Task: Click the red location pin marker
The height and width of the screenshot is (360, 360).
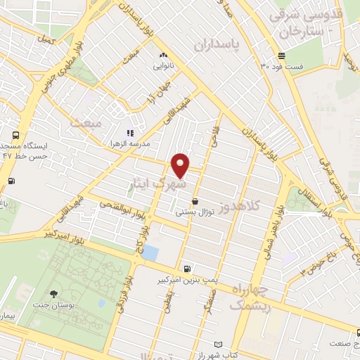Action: click(x=181, y=165)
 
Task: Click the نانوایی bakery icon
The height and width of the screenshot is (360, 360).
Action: click(x=164, y=55)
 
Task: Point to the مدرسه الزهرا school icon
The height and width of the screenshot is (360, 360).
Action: click(x=129, y=132)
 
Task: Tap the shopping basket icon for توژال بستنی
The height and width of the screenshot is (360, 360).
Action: click(x=204, y=201)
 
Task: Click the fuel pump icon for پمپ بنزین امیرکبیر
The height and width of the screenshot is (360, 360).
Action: click(x=186, y=268)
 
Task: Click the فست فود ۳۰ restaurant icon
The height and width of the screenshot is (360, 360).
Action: click(x=281, y=56)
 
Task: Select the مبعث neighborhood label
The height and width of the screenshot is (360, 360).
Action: click(x=86, y=123)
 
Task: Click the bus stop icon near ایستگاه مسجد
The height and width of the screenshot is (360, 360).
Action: click(x=15, y=136)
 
